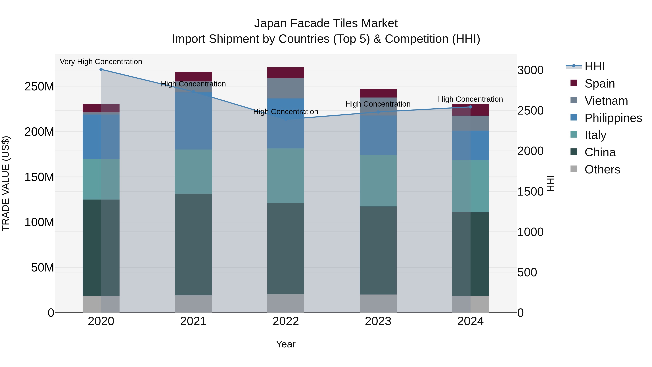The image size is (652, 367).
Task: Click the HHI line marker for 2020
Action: (x=101, y=69)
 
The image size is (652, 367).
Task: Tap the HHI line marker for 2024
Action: (x=471, y=107)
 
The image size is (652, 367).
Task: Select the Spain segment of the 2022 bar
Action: (x=286, y=73)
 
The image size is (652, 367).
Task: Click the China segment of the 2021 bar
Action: (x=193, y=244)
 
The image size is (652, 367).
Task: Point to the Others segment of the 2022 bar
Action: (x=286, y=303)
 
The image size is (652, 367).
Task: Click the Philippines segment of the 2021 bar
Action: (x=193, y=121)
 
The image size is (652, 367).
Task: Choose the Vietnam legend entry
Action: (x=606, y=101)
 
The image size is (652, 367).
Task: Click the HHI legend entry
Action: (x=594, y=66)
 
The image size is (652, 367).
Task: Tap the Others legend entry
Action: (x=602, y=169)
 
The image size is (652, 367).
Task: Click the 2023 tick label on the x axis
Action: (x=378, y=321)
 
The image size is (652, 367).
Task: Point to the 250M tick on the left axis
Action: (x=39, y=87)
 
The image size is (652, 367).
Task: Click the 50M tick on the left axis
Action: (x=43, y=268)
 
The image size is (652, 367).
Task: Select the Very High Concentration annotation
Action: (x=101, y=62)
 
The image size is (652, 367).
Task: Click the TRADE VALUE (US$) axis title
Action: (x=6, y=183)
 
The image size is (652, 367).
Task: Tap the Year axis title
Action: (x=286, y=344)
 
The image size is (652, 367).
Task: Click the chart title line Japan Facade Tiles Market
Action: (x=326, y=23)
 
